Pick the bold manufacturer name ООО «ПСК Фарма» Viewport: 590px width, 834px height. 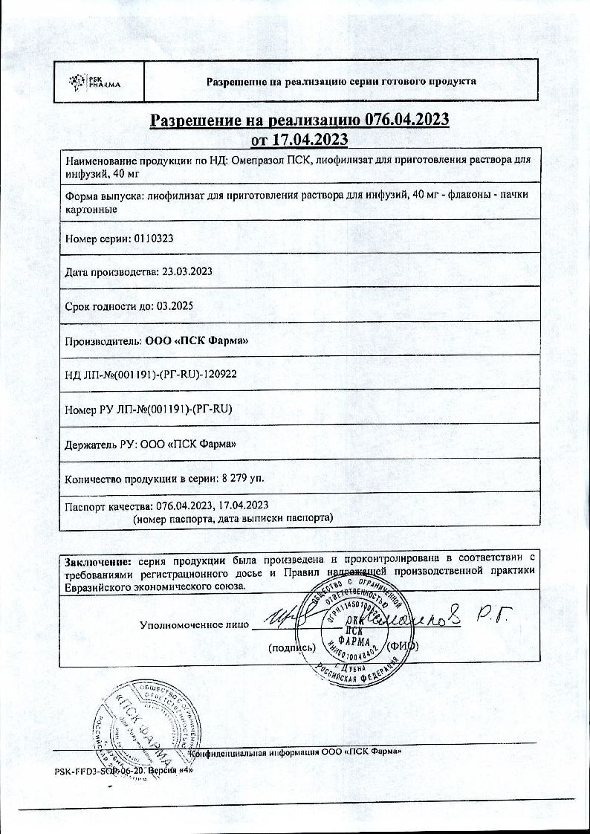point(197,340)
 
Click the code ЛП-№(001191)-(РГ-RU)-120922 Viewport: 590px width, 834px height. point(161,375)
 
